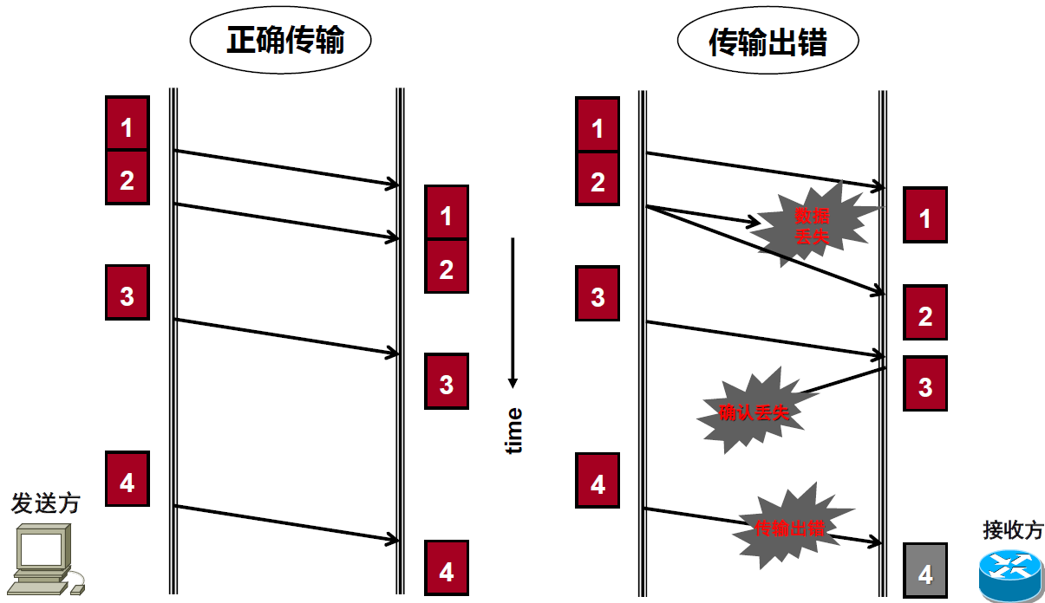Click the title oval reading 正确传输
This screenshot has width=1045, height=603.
(280, 41)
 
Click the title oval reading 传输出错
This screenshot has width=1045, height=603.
(767, 42)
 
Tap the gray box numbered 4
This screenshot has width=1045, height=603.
(924, 571)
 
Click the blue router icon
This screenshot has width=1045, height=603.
(1010, 570)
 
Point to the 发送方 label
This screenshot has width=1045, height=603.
(45, 503)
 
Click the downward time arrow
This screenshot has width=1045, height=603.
(513, 312)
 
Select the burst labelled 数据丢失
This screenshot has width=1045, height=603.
(810, 224)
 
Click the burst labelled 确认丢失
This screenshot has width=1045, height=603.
(754, 412)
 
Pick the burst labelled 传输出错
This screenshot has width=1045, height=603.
(788, 527)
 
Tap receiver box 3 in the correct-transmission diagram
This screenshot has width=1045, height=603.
(446, 382)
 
